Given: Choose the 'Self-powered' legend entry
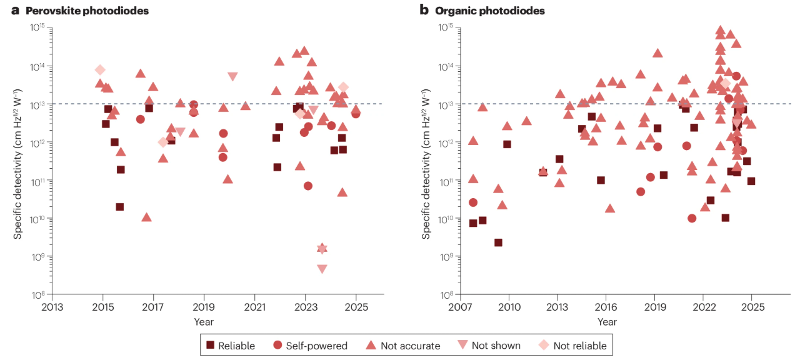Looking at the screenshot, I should pyautogui.click(x=311, y=345).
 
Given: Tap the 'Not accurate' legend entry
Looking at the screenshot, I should pyautogui.click(x=402, y=345).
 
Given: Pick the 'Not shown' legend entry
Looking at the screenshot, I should pyautogui.click(x=489, y=345).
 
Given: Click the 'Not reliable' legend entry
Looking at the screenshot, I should pyautogui.click(x=572, y=345).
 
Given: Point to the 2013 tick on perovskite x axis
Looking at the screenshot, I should pyautogui.click(x=52, y=307).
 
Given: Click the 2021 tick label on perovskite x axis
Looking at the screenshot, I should pyautogui.click(x=254, y=307).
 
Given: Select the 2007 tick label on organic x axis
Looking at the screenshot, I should pyautogui.click(x=461, y=307).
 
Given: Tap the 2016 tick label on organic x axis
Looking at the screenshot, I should pyautogui.click(x=606, y=307).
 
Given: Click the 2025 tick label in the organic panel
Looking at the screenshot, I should pyautogui.click(x=752, y=307).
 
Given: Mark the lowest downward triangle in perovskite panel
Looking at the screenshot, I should pyautogui.click(x=322, y=269).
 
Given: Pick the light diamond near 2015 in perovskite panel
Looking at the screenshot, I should pyautogui.click(x=100, y=70).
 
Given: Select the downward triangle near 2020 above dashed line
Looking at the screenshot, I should pyautogui.click(x=232, y=76).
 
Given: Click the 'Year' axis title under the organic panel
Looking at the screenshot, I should pyautogui.click(x=606, y=322).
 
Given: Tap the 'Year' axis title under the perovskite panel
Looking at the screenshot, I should pyautogui.click(x=204, y=322).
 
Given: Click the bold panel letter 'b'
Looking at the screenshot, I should pyautogui.click(x=424, y=11).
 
